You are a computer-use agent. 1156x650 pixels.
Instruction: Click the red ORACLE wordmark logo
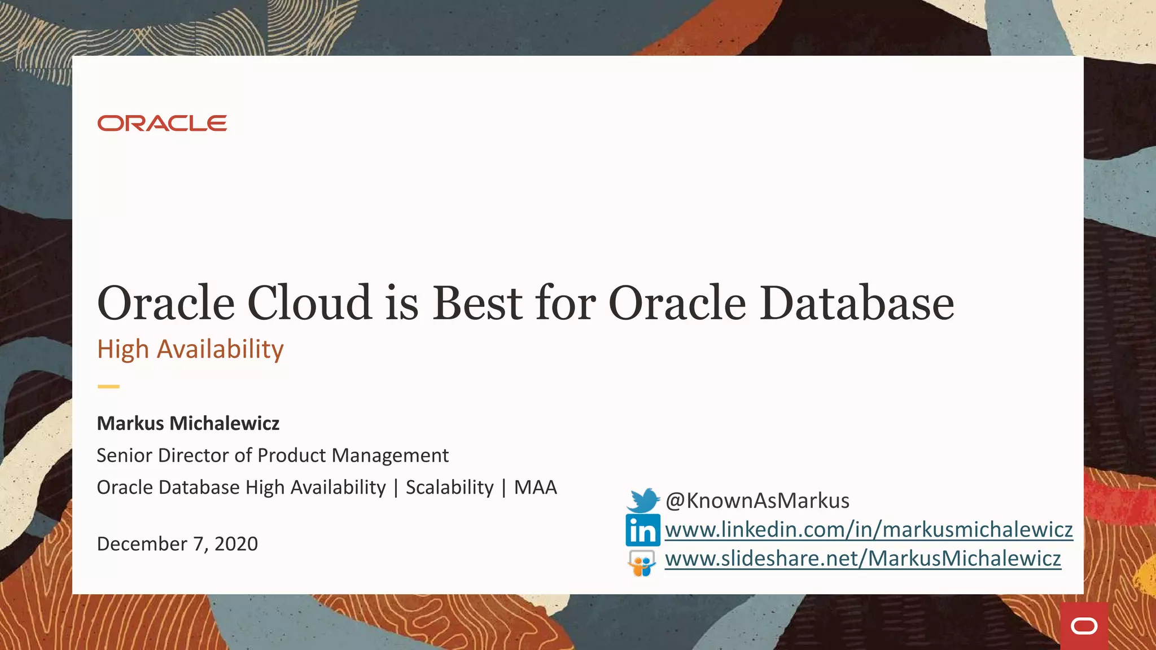[x=162, y=123]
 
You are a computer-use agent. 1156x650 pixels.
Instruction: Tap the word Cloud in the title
[x=309, y=304]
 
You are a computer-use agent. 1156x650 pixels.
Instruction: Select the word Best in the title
[x=478, y=304]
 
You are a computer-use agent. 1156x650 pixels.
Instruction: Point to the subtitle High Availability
[x=190, y=349]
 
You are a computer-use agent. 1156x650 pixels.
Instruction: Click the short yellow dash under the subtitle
[x=108, y=387]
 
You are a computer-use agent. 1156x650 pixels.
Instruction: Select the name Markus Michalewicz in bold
[x=188, y=423]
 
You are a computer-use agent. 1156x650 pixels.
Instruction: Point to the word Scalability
[x=449, y=488]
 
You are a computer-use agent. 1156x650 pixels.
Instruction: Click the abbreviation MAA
[x=535, y=488]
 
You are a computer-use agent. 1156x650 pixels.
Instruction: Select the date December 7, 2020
[x=177, y=544]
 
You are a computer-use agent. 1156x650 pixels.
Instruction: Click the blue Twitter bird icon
[x=643, y=500]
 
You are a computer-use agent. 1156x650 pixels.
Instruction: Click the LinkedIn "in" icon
[x=642, y=530]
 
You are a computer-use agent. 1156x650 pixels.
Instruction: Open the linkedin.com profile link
[x=869, y=530]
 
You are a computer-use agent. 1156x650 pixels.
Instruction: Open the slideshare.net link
[x=862, y=559]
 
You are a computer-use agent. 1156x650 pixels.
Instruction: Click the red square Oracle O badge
[x=1084, y=626]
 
